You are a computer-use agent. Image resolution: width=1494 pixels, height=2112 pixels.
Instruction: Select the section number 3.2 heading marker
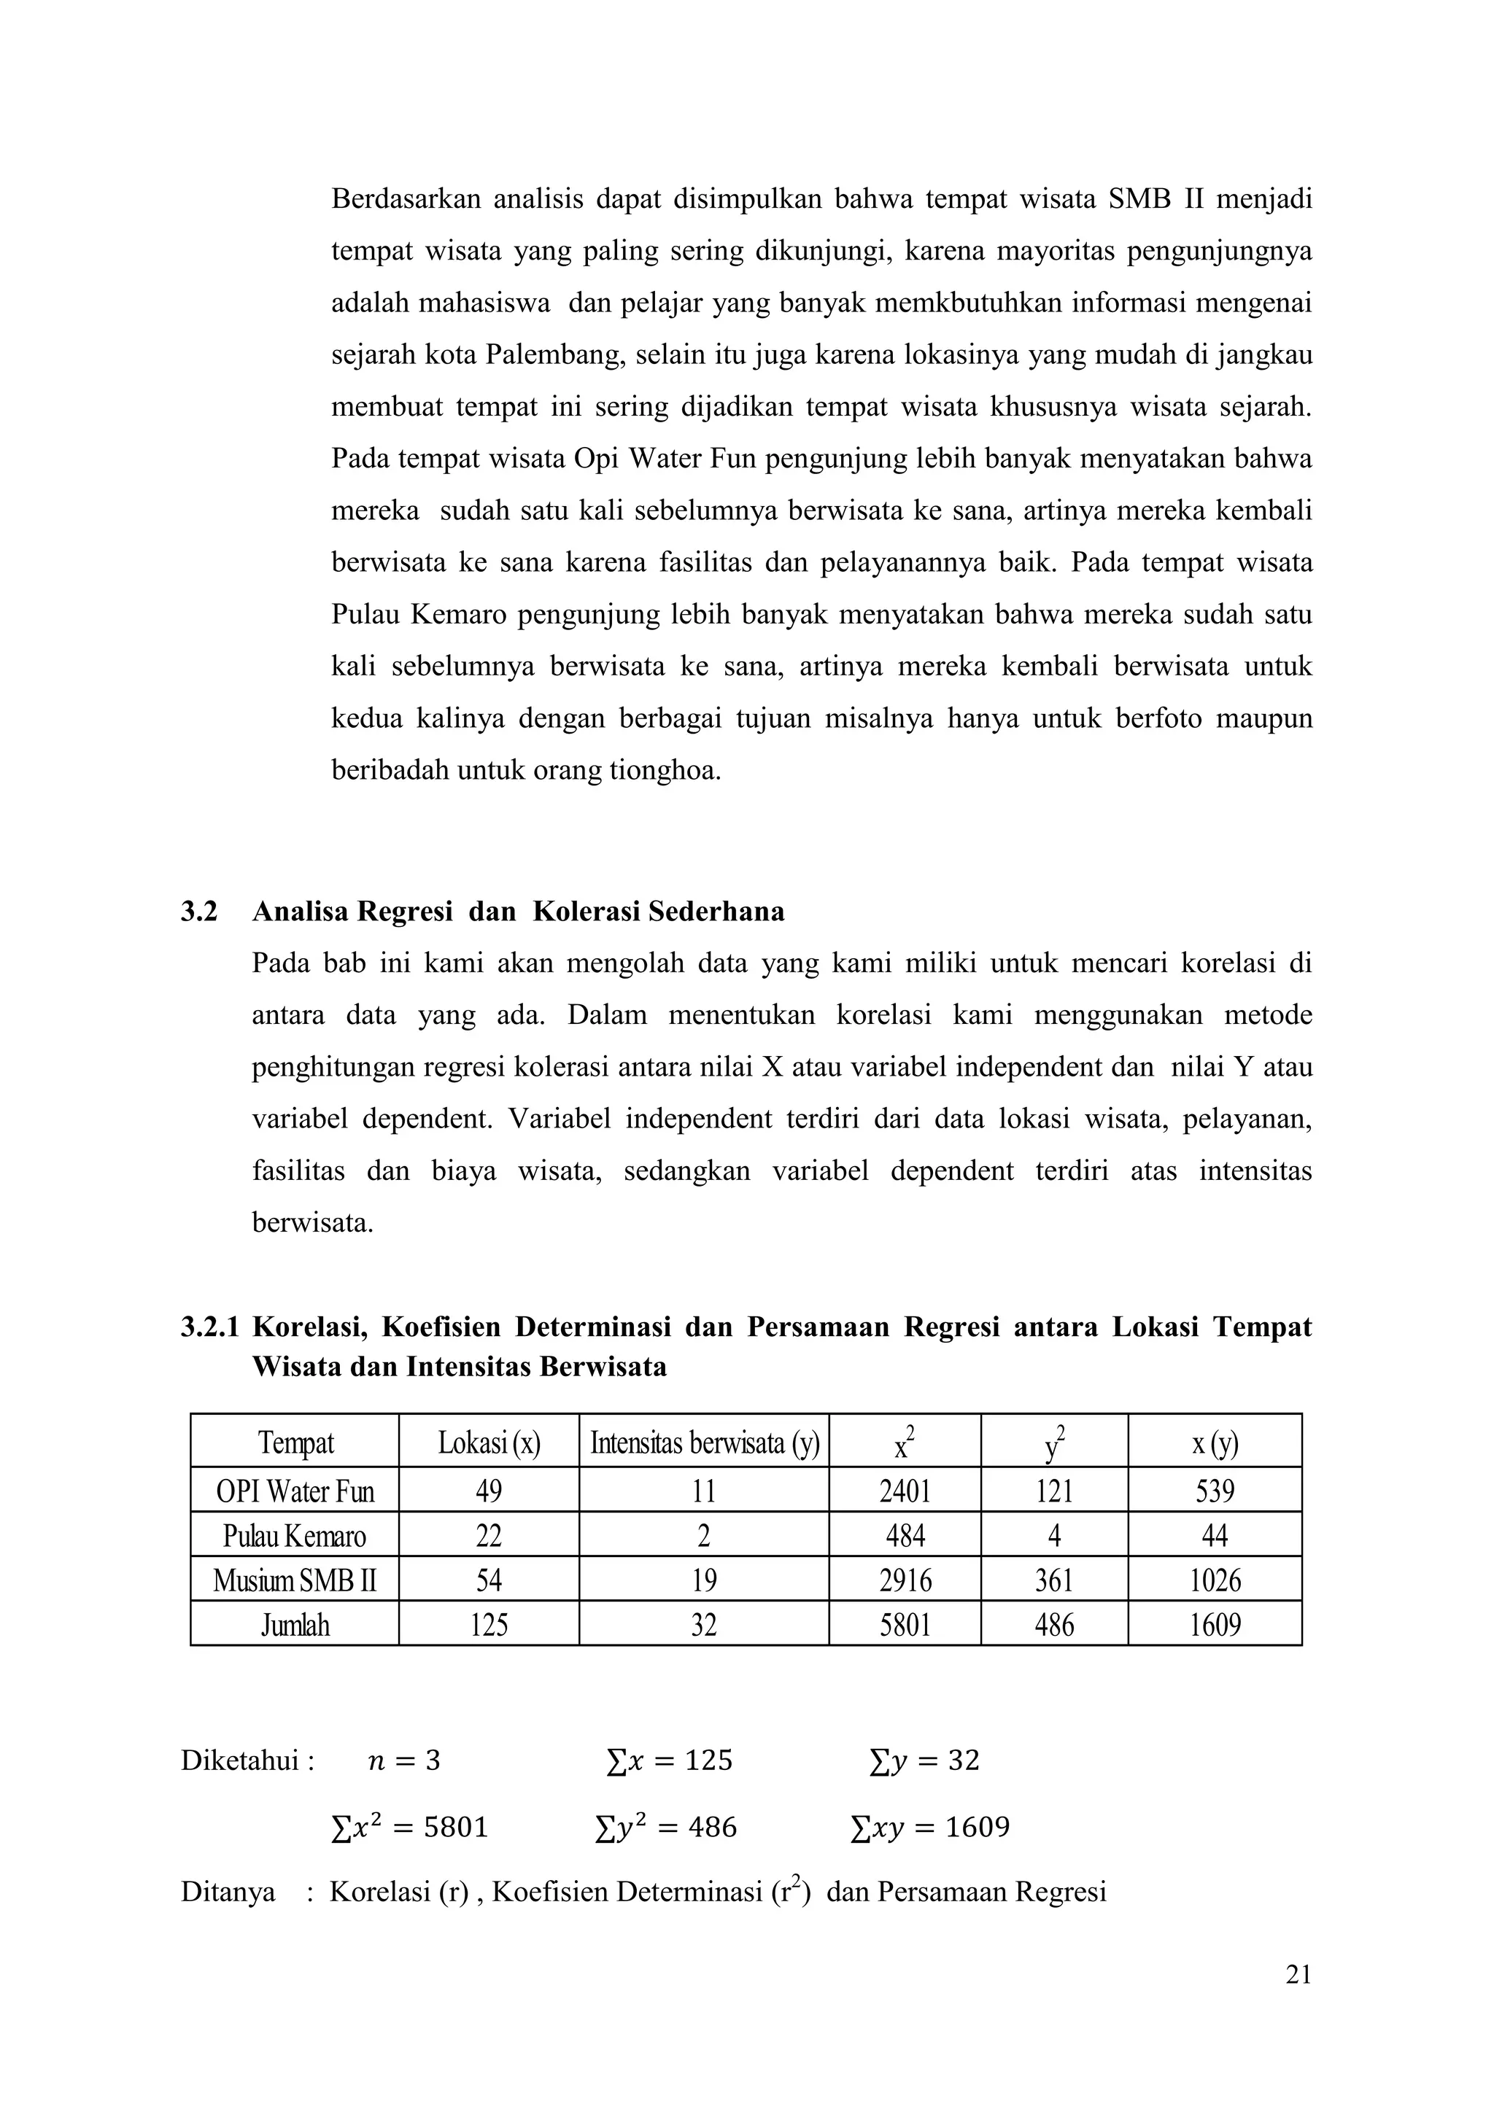point(198,912)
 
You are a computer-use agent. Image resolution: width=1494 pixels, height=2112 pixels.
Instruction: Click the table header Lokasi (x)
point(489,1443)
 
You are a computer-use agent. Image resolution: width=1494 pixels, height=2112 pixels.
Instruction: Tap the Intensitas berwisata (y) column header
point(704,1443)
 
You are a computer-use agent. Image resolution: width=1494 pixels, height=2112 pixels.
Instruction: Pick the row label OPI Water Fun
point(295,1491)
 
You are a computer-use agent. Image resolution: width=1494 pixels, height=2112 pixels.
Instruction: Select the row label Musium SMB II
point(295,1580)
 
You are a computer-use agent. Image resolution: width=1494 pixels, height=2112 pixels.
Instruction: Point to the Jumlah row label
point(295,1626)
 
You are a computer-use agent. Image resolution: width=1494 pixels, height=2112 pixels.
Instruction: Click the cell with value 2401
point(905,1491)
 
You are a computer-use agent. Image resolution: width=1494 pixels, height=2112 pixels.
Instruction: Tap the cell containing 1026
point(1215,1580)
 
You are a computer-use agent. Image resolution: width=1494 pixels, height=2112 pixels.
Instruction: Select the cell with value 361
point(1054,1580)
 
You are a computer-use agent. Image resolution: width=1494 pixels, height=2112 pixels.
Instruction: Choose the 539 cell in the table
point(1215,1491)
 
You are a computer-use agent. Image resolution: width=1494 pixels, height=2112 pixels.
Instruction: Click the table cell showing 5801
point(905,1626)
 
